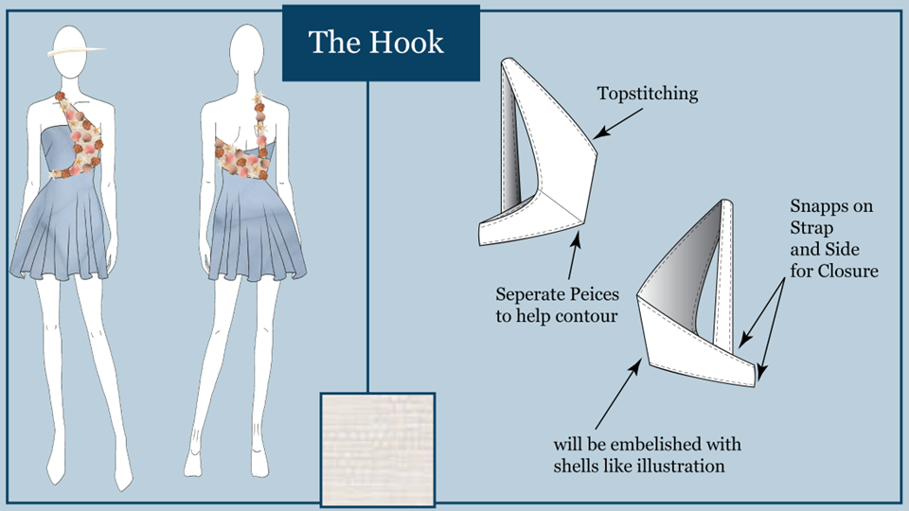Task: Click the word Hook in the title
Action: click(406, 43)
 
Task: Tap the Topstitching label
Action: click(648, 94)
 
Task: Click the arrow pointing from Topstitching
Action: click(618, 123)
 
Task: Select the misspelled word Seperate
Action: click(531, 295)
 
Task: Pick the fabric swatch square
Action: click(378, 449)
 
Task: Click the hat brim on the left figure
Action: click(77, 51)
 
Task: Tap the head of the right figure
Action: click(247, 51)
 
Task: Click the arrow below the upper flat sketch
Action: click(574, 255)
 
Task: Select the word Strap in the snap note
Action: click(811, 228)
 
